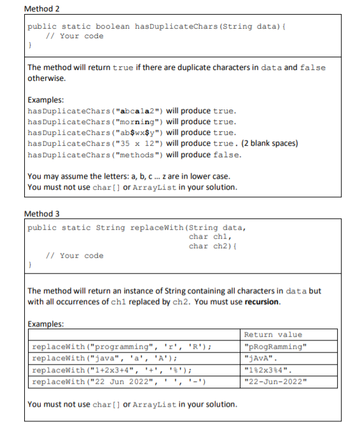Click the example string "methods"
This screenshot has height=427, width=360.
tap(139, 155)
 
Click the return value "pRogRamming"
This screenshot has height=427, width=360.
tap(275, 347)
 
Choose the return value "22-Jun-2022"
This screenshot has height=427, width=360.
tap(275, 381)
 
